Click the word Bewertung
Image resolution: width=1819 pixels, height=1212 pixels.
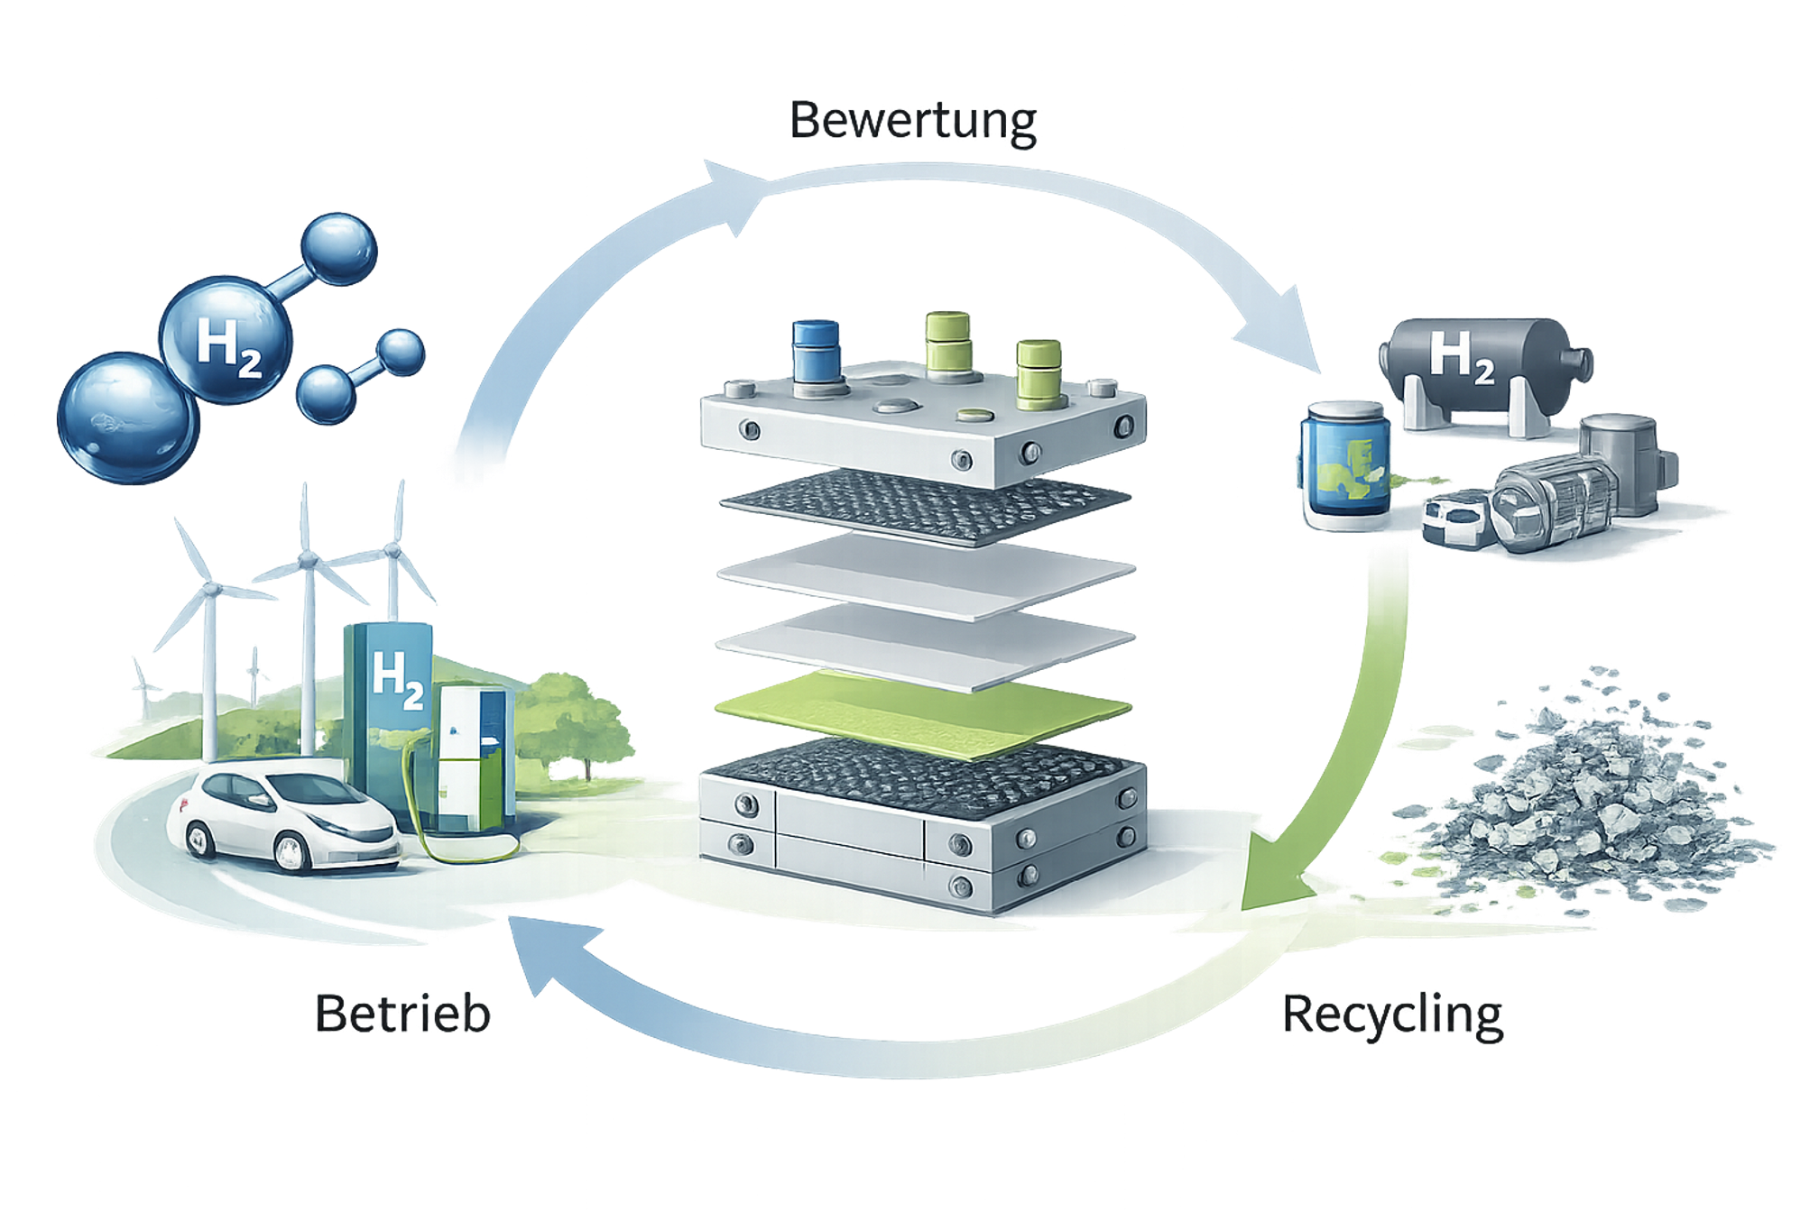(x=913, y=122)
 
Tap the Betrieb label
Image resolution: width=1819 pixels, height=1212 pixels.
(x=403, y=1013)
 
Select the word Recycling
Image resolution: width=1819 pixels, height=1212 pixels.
(x=1392, y=1015)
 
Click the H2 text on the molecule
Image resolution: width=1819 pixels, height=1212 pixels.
(x=227, y=345)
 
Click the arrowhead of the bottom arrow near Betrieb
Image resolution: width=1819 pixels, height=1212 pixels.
(x=541, y=956)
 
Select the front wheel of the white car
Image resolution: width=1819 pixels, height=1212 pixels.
(x=292, y=851)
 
